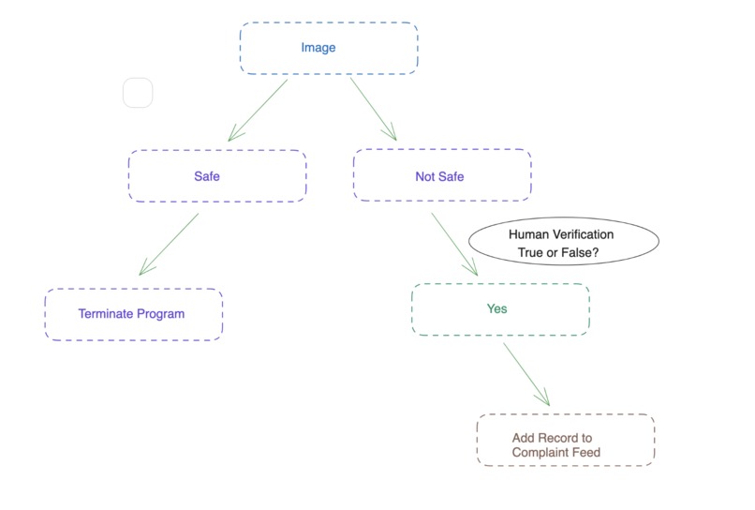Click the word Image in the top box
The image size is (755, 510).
click(x=318, y=48)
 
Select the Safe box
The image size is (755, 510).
click(x=217, y=176)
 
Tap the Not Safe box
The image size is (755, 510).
click(x=441, y=176)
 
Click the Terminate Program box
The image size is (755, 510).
click(x=133, y=314)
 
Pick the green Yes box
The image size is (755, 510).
click(x=500, y=309)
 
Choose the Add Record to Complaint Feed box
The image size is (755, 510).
click(x=565, y=441)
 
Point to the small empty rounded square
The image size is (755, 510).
click(x=138, y=93)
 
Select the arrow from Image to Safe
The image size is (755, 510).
click(x=259, y=110)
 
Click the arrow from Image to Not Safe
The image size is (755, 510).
click(x=373, y=109)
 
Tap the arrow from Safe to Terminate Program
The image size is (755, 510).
click(x=170, y=244)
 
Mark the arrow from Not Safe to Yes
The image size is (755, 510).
click(x=453, y=243)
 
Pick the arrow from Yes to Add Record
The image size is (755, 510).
click(x=526, y=374)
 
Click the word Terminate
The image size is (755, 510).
click(x=106, y=314)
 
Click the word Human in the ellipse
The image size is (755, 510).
click(x=526, y=234)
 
